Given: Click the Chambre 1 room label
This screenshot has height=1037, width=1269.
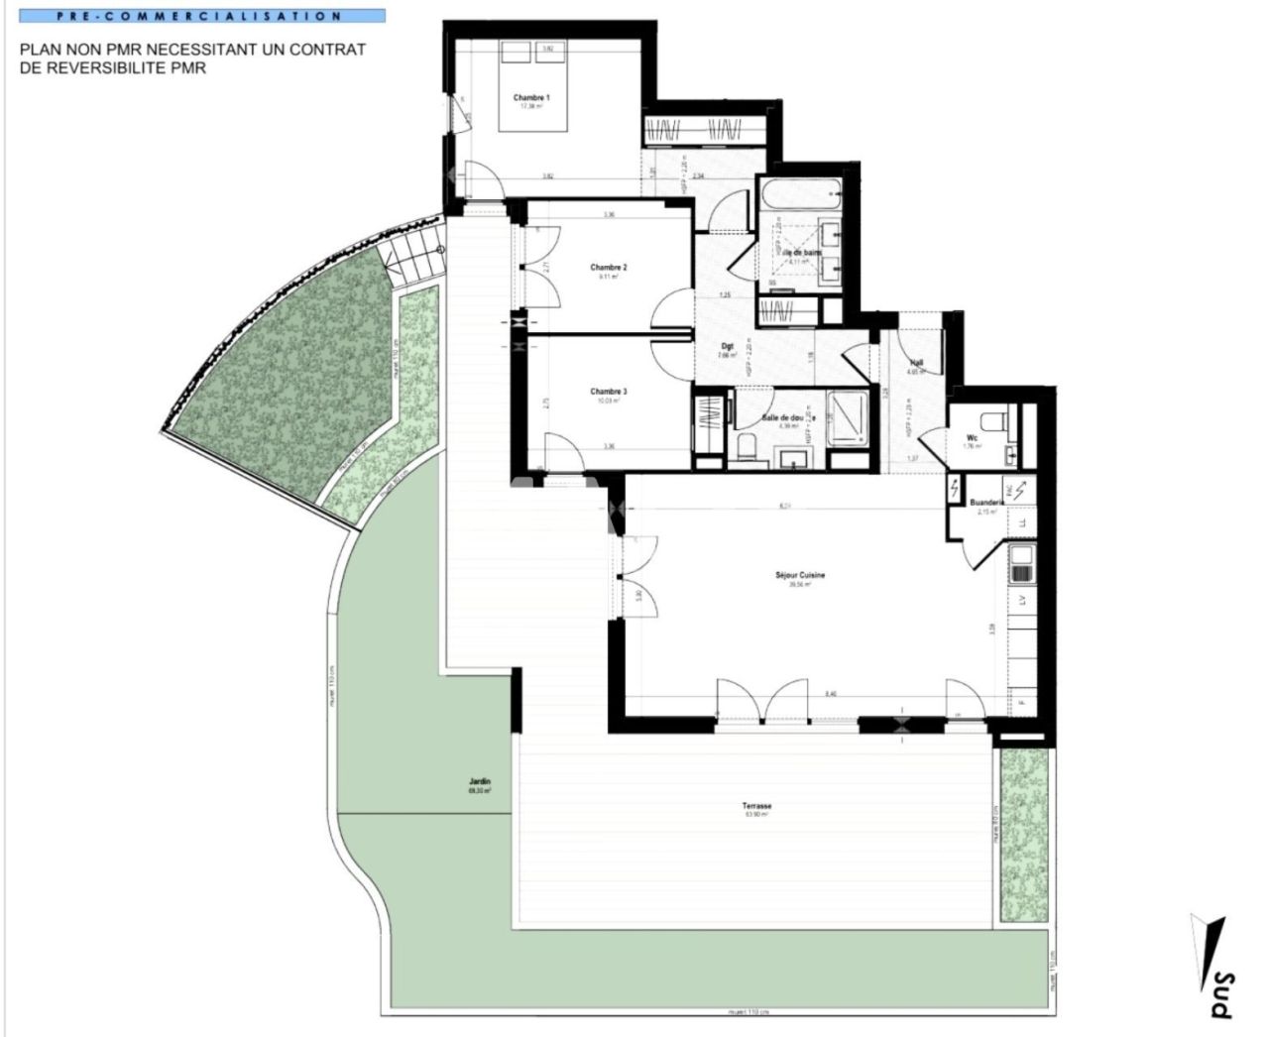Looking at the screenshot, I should pos(531,98).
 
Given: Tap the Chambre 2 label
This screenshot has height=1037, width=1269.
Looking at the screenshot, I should pos(609,268).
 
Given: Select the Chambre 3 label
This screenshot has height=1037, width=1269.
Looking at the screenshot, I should pos(609,392).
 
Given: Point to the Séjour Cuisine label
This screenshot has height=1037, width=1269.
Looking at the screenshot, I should pos(800,575).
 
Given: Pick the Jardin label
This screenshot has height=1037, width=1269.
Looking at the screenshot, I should pos(480,781).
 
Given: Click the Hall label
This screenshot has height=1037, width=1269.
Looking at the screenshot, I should pos(917,363).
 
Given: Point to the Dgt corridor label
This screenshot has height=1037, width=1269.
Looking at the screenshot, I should pos(727,346).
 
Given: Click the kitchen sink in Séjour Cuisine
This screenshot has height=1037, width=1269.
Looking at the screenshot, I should pos(1021,563).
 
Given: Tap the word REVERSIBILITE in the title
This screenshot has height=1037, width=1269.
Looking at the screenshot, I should pos(120,68).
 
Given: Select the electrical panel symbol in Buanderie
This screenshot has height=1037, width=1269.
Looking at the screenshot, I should pos(956,488).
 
